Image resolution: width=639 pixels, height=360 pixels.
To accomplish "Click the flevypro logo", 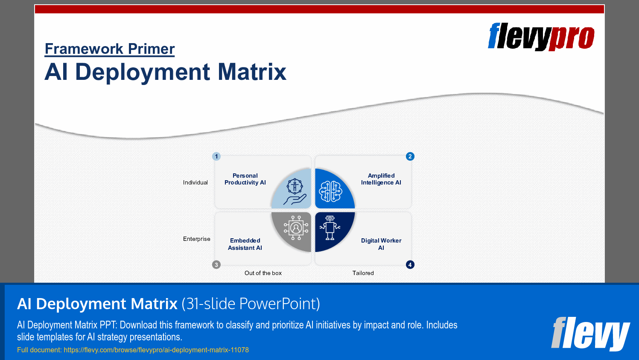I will [541, 37].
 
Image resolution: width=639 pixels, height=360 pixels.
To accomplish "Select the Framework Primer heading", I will [110, 49].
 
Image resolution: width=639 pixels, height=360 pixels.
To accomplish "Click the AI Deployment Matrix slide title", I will [165, 72].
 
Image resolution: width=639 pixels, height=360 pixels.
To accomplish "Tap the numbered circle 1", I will [216, 156].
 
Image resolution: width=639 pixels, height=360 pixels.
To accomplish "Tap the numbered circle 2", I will [410, 156].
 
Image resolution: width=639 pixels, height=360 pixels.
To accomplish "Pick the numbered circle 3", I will [216, 265].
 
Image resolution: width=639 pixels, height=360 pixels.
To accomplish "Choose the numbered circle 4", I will [410, 265].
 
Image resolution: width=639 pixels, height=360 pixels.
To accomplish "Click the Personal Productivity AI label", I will [245, 179].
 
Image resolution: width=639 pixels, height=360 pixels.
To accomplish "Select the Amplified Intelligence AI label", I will [381, 179].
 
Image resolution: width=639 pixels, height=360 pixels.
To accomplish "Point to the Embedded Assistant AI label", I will [245, 244].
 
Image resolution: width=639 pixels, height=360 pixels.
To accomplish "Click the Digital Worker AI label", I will [381, 244].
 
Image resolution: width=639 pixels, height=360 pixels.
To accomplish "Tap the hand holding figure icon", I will [295, 192].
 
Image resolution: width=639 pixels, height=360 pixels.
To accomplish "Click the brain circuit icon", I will [331, 191].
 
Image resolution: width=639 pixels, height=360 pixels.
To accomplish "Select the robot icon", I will [330, 228].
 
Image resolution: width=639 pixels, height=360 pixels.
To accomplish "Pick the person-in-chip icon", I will [296, 228].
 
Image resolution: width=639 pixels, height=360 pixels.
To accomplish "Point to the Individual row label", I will [195, 182].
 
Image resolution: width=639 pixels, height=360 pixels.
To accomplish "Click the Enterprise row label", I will [197, 239].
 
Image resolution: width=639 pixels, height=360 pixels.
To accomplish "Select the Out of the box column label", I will [263, 273].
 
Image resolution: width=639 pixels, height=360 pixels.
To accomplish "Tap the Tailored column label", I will [363, 273].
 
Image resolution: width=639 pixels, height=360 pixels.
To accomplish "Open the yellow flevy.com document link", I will [133, 350].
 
